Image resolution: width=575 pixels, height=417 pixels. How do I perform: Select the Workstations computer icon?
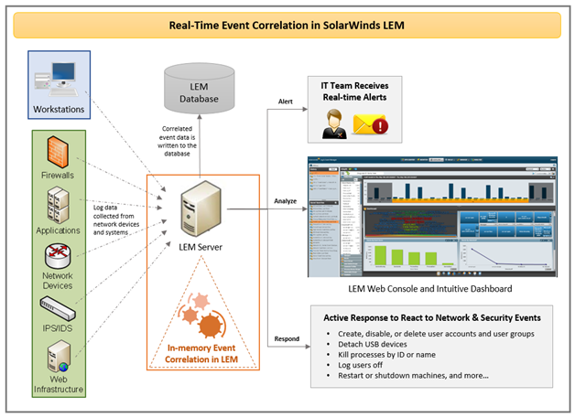tap(63, 80)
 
